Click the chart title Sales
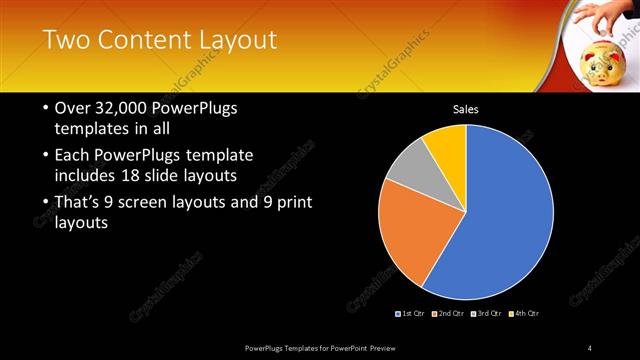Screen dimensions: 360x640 (x=466, y=108)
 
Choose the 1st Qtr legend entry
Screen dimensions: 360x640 (x=412, y=314)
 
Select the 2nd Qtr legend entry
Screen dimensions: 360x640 (x=451, y=314)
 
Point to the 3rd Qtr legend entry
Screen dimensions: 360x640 (x=487, y=314)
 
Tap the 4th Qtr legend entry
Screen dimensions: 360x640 (x=525, y=314)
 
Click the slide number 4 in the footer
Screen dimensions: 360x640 (x=590, y=347)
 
